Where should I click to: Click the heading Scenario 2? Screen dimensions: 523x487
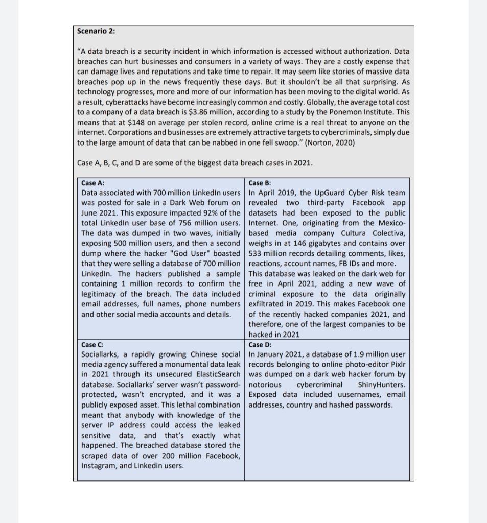(x=96, y=31)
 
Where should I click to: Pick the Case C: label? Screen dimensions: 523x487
(x=92, y=345)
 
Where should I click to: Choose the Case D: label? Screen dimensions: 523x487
(x=260, y=345)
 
